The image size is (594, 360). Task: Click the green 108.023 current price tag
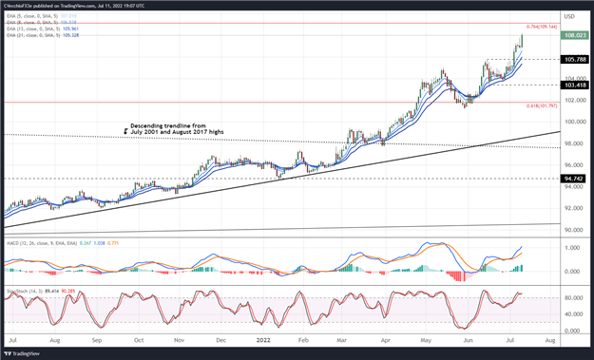tap(576, 35)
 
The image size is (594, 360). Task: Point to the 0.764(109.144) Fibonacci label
tap(540, 27)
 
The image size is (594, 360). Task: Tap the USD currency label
tap(569, 16)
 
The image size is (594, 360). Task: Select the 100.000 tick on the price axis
tap(574, 122)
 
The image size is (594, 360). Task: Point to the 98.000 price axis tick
tap(574, 143)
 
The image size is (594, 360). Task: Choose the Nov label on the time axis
tap(180, 340)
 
